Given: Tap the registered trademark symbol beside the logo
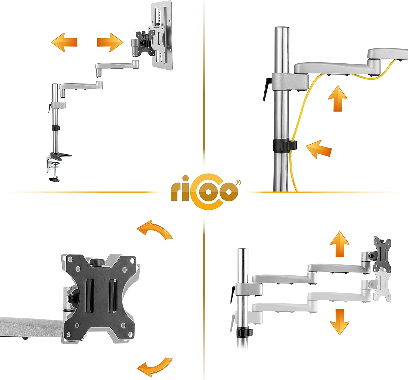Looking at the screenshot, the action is [x=238, y=183].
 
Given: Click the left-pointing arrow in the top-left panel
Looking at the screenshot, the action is [x=64, y=42].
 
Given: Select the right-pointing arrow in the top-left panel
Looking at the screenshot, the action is [x=110, y=42].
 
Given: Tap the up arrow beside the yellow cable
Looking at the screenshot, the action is [x=338, y=99].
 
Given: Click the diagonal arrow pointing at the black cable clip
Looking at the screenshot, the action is [x=319, y=149].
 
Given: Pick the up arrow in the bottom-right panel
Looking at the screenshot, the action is [x=339, y=244].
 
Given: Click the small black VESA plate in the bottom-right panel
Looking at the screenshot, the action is [x=382, y=255].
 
